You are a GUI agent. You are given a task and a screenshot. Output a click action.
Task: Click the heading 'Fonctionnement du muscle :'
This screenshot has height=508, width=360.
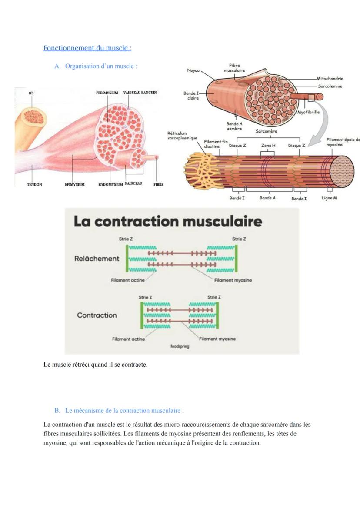[87, 48]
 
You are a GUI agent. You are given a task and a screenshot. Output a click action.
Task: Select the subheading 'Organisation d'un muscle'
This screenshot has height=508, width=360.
[101, 66]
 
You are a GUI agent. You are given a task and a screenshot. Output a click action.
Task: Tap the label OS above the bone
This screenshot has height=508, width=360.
[31, 93]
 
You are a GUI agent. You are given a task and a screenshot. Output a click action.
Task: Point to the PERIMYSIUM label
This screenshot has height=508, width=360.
[107, 93]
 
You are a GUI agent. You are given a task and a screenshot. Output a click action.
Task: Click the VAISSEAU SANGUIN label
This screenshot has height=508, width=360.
[140, 93]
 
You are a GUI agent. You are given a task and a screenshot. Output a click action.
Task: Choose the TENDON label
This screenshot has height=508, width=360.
[35, 184]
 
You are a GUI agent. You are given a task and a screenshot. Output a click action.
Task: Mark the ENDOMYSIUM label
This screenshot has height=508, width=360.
[110, 184]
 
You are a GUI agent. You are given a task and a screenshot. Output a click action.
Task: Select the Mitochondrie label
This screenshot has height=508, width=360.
[330, 79]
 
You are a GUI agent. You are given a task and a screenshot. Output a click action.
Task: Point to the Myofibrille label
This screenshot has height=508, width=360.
[309, 112]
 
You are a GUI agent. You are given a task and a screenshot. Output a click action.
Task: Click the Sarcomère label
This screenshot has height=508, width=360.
[267, 131]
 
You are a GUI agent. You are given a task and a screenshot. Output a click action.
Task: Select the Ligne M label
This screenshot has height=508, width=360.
[329, 198]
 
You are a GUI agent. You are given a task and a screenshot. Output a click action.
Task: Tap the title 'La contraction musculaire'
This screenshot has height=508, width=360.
[168, 221]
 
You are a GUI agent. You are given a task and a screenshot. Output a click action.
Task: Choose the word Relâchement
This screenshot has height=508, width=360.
[97, 259]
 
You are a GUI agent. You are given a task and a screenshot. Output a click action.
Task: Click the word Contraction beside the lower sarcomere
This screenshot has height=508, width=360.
[97, 315]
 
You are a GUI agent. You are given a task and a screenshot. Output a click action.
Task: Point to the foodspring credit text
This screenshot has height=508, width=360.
[180, 347]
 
